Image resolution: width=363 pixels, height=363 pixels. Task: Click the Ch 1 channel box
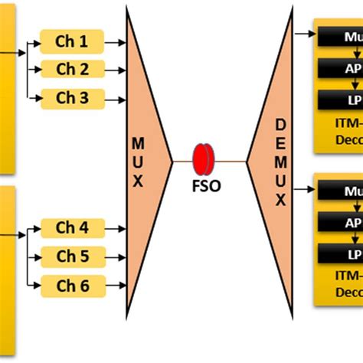click(x=72, y=41)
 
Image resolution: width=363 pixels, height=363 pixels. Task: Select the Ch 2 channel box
click(x=72, y=70)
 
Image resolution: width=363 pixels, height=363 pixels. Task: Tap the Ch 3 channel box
click(x=72, y=98)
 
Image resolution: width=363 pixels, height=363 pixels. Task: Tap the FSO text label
click(x=205, y=186)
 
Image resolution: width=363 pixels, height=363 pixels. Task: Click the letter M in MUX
click(x=138, y=142)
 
